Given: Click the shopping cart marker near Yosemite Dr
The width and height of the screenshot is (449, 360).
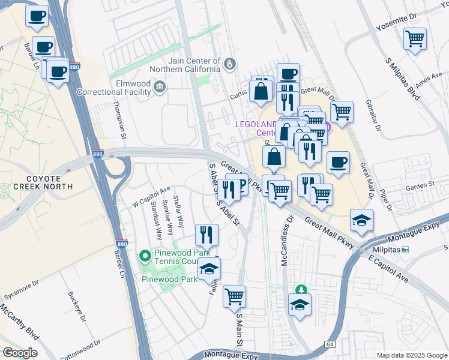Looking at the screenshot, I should (x=415, y=40).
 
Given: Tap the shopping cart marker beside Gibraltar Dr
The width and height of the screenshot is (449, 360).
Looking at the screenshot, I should (x=342, y=112).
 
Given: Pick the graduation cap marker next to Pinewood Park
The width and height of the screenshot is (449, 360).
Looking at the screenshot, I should (x=209, y=269).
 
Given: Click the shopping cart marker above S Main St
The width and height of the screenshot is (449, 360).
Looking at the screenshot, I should (x=234, y=296).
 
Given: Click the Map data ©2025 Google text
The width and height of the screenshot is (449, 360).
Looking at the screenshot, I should (x=411, y=355).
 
